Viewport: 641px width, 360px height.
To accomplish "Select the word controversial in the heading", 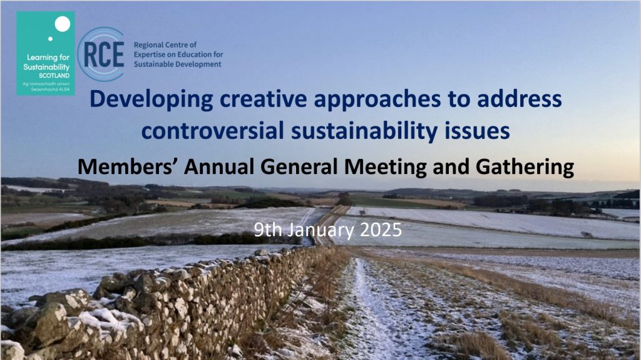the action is point(213,131).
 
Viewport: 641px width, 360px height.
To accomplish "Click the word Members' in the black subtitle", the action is point(127,167).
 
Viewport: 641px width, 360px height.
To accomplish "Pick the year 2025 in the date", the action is point(381,230).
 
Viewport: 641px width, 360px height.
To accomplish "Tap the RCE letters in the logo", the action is point(104,54).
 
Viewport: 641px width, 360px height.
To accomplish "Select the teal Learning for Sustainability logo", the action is point(45,53).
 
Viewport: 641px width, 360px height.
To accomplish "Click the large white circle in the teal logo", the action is point(63,24).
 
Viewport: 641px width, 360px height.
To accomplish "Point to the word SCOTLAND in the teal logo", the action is point(54,76).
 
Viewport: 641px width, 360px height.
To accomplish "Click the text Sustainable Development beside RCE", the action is point(177,64).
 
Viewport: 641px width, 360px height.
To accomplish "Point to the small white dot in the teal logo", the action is point(50,39).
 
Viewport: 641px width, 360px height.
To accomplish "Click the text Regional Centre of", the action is point(165,44).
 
